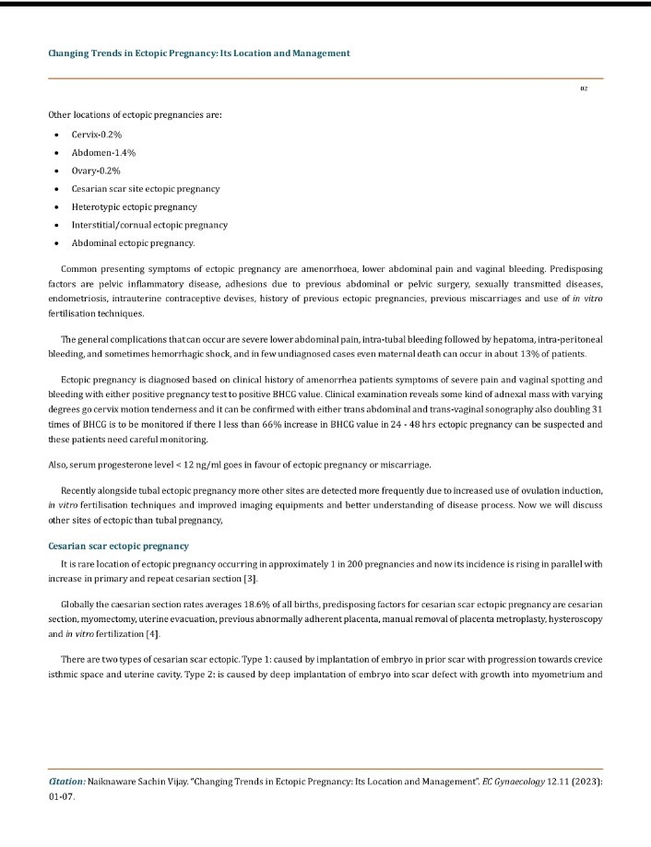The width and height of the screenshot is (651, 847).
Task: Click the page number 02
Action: pyautogui.click(x=584, y=88)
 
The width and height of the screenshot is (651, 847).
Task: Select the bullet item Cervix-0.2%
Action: pyautogui.click(x=97, y=135)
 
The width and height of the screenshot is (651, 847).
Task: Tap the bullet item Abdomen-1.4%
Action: pyautogui.click(x=103, y=153)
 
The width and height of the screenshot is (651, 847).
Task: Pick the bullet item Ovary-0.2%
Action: pyautogui.click(x=96, y=171)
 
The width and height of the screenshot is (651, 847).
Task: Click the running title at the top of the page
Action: pyautogui.click(x=198, y=53)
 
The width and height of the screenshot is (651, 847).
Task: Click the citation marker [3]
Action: pyautogui.click(x=251, y=578)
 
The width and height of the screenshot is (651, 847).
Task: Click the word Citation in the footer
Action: pyautogui.click(x=66, y=782)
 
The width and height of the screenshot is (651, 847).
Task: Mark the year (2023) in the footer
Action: pyautogui.click(x=585, y=782)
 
